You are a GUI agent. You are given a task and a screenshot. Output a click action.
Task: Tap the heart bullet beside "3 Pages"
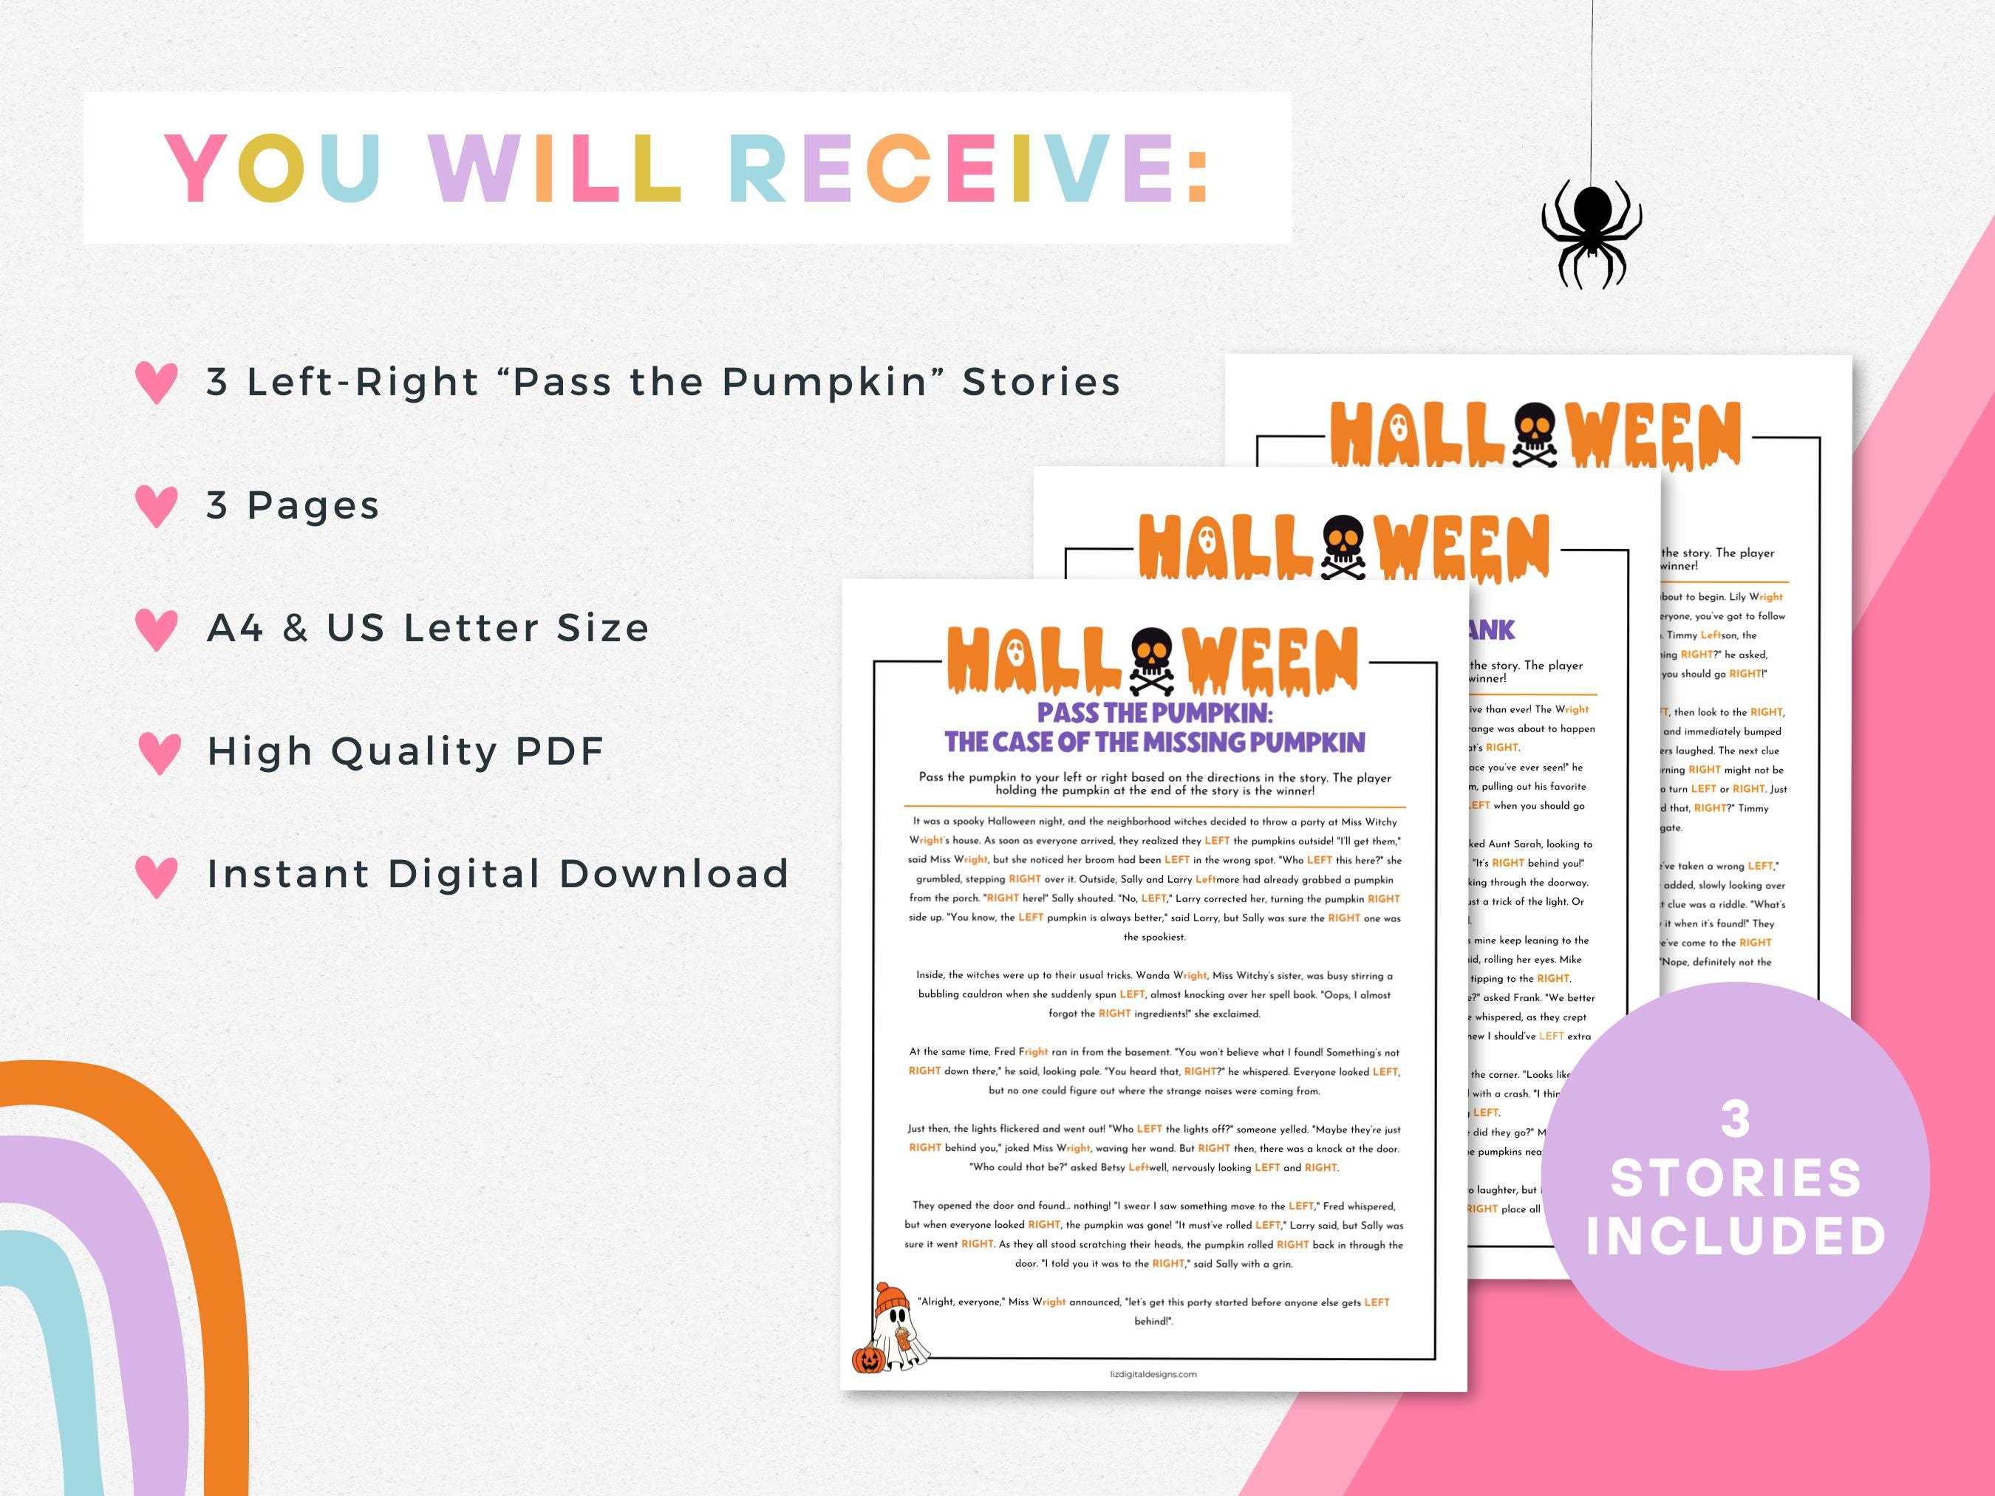click(157, 506)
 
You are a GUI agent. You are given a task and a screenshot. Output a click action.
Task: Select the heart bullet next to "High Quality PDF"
click(160, 752)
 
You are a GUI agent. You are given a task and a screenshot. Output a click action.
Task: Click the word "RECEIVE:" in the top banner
click(969, 168)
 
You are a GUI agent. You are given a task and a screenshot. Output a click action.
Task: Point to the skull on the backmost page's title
click(1534, 434)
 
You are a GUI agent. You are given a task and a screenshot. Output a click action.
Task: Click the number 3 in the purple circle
click(1735, 1119)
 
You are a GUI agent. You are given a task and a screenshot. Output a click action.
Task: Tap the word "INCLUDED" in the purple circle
click(1735, 1236)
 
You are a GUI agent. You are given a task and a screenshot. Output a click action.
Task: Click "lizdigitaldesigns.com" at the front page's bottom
click(1153, 1374)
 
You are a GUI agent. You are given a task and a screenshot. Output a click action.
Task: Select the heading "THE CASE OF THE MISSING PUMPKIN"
click(1154, 742)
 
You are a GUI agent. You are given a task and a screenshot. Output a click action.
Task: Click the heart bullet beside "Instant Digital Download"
click(157, 875)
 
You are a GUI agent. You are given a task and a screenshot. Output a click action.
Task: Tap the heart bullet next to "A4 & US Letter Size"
click(157, 629)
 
